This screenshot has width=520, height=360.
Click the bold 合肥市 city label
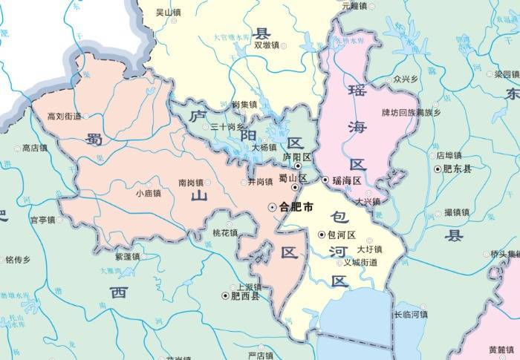tap(295, 206)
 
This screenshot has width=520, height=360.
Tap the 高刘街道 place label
tap(62, 116)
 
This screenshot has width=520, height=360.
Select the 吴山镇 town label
tap(169, 13)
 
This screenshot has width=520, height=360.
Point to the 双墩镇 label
tap(266, 45)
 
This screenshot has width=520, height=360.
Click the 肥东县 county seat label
tap(458, 168)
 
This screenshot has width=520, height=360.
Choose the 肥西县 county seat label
tap(245, 295)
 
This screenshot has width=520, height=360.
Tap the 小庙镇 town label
tap(149, 193)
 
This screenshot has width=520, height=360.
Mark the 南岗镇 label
tap(192, 182)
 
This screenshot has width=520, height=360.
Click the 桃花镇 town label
tap(225, 233)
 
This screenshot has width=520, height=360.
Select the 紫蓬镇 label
tap(127, 256)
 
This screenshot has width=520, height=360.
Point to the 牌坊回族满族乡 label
tap(411, 113)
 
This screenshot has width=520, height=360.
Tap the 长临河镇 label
tap(411, 314)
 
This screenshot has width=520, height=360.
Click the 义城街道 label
tap(361, 262)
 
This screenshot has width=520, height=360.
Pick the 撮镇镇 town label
tap(457, 212)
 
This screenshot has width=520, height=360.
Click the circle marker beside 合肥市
tap(271, 206)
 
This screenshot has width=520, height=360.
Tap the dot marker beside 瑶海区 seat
tap(325, 180)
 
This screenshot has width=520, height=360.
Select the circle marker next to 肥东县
tap(438, 168)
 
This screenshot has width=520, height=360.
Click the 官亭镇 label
tap(42, 220)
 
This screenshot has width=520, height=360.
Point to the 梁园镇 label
tap(507, 74)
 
